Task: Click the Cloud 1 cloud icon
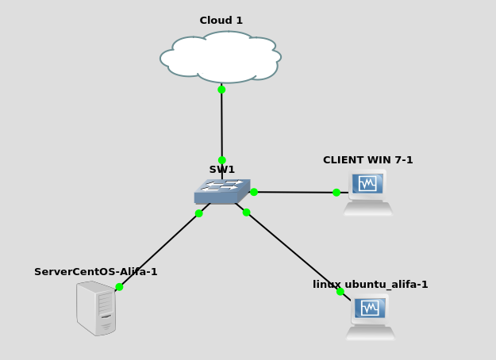coord(221,57)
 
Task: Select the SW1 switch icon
coord(222,191)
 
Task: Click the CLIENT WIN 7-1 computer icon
coord(367,192)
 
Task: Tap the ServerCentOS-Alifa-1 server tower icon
coord(96,308)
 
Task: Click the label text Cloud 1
coord(221,21)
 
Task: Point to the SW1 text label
coord(222,170)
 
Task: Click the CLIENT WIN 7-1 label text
coord(367,160)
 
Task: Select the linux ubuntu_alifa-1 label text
coord(370,285)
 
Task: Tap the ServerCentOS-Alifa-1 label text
coord(96,272)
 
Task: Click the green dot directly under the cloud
coord(221,90)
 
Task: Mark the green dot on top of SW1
coord(222,160)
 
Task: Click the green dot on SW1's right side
coord(254,192)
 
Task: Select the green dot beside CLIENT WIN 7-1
coord(336,193)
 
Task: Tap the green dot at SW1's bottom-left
coord(199,213)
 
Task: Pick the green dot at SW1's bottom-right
coord(246,213)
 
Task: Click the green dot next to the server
coord(119,287)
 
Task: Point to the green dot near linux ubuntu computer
coord(340,292)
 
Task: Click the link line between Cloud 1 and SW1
coord(221,124)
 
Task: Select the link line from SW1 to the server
coord(159,251)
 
